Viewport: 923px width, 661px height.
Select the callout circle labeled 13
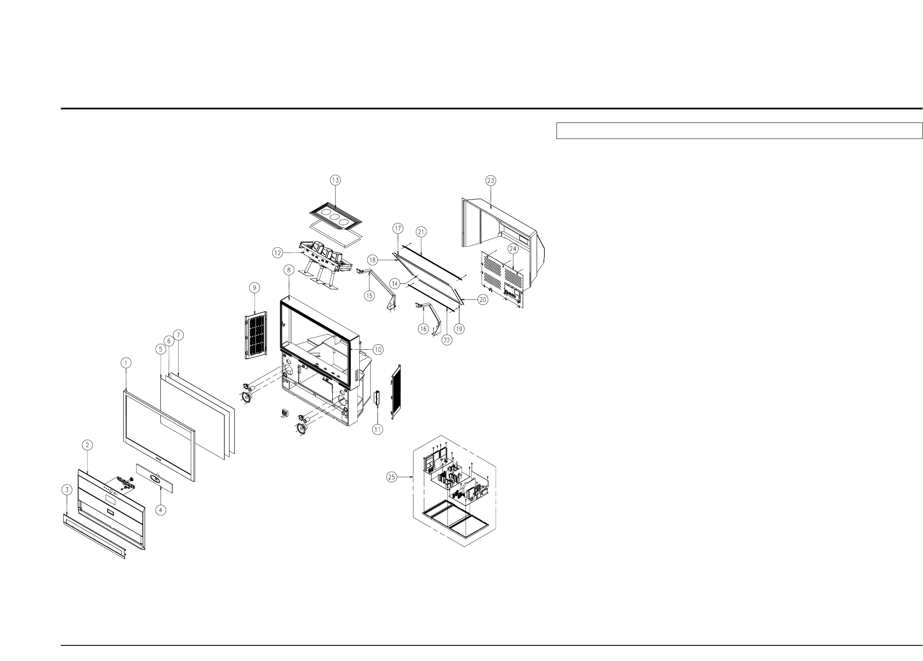[335, 180]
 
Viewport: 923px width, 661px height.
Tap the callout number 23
[491, 180]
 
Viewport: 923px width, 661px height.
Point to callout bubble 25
[392, 477]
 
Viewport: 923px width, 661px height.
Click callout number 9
[254, 288]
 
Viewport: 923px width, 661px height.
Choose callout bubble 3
[66, 490]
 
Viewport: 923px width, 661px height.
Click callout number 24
[513, 248]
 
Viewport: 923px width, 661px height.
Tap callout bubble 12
[277, 253]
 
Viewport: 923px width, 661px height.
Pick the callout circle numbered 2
[87, 445]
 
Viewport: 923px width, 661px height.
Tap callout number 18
[372, 261]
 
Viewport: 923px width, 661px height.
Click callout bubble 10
[377, 349]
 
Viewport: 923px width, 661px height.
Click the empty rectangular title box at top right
[738, 131]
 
